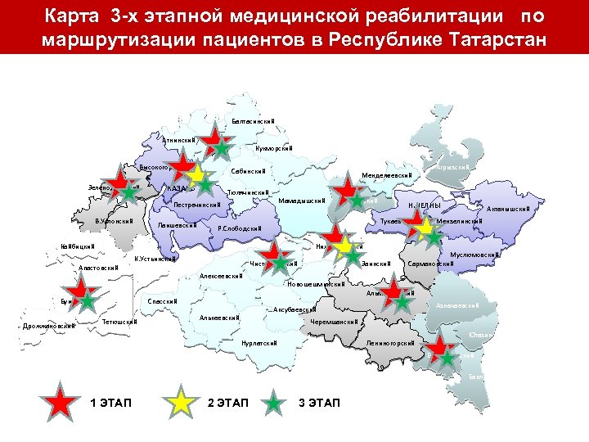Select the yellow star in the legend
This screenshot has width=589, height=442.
pyautogui.click(x=182, y=403)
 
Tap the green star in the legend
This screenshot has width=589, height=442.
pyautogui.click(x=276, y=403)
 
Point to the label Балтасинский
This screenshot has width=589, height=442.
pyautogui.click(x=253, y=121)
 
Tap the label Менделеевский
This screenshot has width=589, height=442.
pyautogui.click(x=389, y=175)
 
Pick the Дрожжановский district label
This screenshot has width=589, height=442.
pyautogui.click(x=48, y=326)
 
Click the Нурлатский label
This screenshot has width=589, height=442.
pyautogui.click(x=259, y=343)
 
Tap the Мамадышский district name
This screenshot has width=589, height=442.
pyautogui.click(x=302, y=201)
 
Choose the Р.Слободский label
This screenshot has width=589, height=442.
pyautogui.click(x=239, y=228)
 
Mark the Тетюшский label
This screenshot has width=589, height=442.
pyautogui.click(x=119, y=322)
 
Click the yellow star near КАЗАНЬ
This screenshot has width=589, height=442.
pyautogui.click(x=196, y=174)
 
